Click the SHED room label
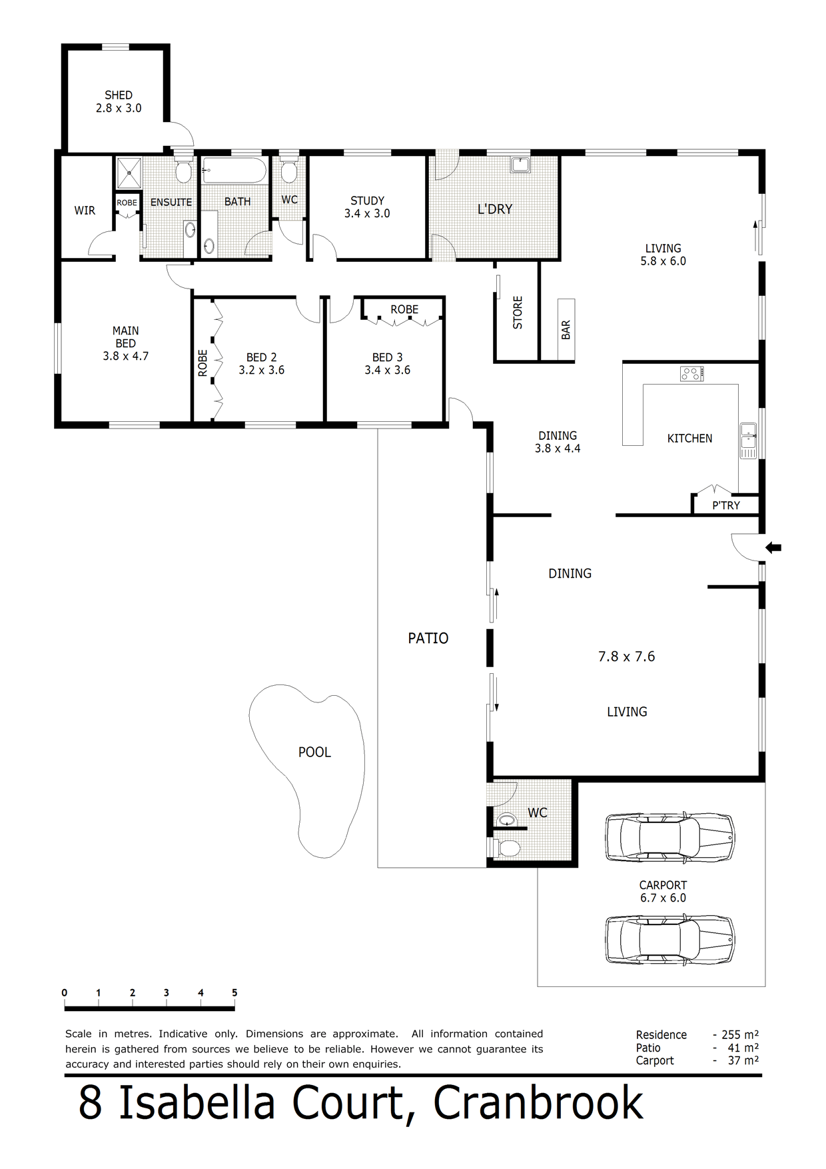click(119, 95)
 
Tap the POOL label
click(314, 752)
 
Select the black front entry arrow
click(773, 548)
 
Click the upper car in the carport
click(670, 837)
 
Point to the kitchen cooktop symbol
click(692, 374)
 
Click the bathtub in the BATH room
click(234, 171)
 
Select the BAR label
click(566, 330)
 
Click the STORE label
click(518, 313)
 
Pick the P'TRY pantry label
click(726, 505)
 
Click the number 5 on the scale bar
click(234, 992)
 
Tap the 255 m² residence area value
click(740, 1034)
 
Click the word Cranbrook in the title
click(538, 1103)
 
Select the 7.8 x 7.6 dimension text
click(627, 656)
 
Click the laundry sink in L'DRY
click(520, 164)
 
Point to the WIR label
click(85, 211)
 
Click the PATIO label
click(428, 638)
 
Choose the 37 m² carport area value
click(743, 1060)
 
